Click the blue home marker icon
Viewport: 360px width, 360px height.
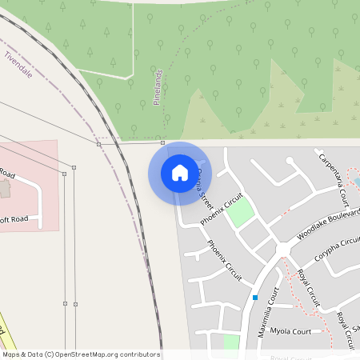click(x=180, y=173)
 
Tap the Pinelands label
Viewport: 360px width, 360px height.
click(x=158, y=87)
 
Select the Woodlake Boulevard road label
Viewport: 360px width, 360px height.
click(x=327, y=225)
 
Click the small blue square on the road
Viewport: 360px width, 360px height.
click(x=254, y=298)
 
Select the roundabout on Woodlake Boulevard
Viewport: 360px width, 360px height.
click(x=282, y=250)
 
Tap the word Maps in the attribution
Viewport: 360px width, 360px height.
click(x=11, y=354)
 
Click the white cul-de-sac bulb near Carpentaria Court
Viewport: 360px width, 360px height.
click(x=290, y=161)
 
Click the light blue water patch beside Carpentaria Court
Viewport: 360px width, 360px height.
click(x=355, y=182)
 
